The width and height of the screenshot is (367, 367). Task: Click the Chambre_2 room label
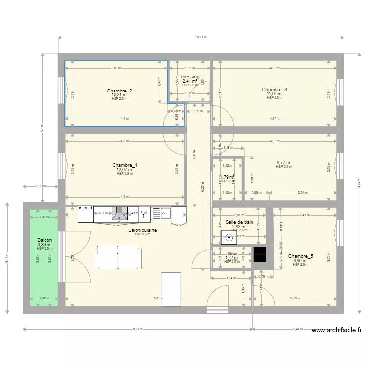119,91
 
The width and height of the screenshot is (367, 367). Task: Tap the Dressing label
190,77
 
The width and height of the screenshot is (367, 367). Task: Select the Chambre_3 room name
274,90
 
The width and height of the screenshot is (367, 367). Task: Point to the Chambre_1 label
124,165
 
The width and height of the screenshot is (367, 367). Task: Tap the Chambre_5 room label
300,256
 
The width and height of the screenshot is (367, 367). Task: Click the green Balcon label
45,240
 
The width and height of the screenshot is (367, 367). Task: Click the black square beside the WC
260,254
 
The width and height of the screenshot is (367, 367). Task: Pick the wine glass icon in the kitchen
145,213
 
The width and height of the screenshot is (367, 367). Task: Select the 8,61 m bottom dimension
138,329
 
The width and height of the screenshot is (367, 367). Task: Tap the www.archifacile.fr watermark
337,331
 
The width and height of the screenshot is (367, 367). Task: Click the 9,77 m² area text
283,163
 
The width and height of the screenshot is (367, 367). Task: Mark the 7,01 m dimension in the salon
157,298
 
